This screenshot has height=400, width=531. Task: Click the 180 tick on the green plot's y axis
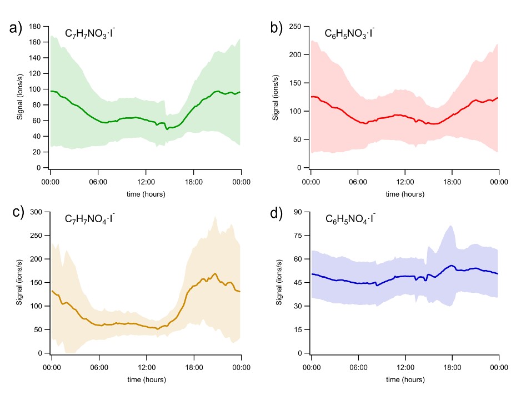point(34,26)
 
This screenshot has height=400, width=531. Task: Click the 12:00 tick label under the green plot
point(146,182)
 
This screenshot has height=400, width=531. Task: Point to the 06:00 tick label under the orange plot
point(98,367)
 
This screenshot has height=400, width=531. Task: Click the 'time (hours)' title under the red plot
point(405,194)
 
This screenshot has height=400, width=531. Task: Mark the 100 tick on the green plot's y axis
point(34,89)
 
